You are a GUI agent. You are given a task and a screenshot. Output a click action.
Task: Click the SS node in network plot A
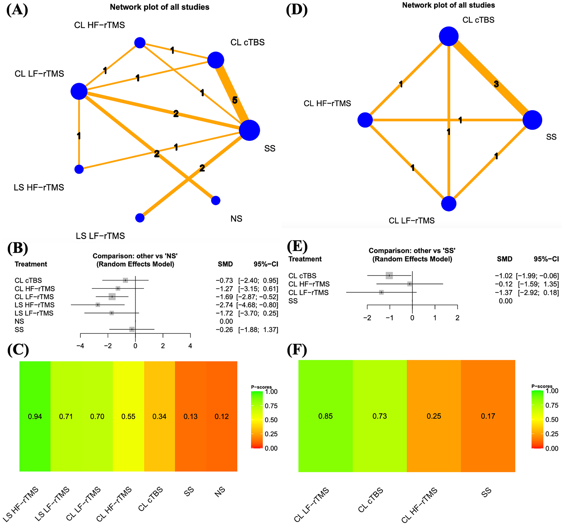249,130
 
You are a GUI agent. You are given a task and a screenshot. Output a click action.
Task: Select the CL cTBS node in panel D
449,37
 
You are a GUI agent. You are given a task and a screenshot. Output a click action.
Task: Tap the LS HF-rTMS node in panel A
79,169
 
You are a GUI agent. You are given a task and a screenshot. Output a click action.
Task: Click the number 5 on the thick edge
235,100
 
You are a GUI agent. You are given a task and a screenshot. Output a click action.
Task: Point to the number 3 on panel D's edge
496,84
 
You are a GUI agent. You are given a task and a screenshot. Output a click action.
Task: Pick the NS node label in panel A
236,219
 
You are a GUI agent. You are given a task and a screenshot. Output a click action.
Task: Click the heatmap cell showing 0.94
35,416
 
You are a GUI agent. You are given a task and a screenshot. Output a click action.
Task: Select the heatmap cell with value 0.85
326,416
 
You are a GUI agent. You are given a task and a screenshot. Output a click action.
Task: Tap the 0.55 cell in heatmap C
128,416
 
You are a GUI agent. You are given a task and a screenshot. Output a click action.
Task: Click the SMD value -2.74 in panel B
224,305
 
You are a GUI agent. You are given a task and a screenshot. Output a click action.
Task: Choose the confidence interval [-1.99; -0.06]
537,276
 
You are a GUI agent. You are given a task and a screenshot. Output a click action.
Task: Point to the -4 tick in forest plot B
80,346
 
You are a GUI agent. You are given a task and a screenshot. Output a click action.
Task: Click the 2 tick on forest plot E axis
457,318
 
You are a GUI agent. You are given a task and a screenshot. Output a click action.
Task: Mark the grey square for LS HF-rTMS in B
98,305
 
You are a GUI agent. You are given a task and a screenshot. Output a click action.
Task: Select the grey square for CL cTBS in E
389,276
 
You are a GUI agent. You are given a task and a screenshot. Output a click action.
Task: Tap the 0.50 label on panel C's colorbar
271,420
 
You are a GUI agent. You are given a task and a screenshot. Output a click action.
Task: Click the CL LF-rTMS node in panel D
449,204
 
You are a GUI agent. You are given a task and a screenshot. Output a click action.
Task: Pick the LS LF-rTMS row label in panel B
34,313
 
